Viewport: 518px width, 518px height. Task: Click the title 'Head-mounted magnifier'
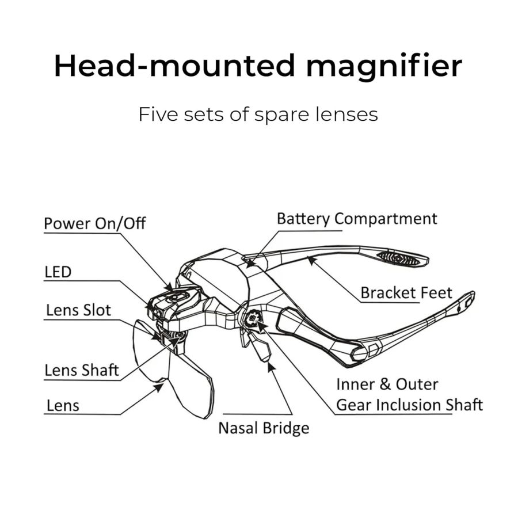click(x=258, y=66)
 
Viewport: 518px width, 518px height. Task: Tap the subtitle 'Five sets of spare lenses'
click(x=258, y=115)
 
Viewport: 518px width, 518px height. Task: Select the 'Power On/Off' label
click(x=94, y=223)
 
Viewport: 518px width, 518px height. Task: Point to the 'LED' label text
click(x=58, y=272)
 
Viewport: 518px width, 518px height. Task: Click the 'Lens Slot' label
click(x=78, y=310)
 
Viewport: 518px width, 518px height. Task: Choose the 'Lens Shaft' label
click(x=82, y=370)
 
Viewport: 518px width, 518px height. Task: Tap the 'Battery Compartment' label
click(x=357, y=219)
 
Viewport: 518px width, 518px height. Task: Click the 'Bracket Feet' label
click(x=406, y=293)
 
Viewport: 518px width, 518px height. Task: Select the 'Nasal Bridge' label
click(x=264, y=428)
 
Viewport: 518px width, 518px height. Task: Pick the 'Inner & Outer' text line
click(x=387, y=384)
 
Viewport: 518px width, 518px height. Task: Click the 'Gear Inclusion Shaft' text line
click(x=409, y=405)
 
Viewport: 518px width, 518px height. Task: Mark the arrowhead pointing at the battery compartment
click(x=250, y=264)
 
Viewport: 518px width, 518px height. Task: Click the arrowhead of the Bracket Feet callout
click(x=311, y=260)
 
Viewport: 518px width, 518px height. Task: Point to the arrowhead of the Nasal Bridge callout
click(x=271, y=366)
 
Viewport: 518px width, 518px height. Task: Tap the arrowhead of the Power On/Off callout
click(x=169, y=287)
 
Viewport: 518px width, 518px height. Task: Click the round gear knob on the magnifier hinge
click(x=253, y=318)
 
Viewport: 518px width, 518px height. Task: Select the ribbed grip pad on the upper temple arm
click(x=398, y=258)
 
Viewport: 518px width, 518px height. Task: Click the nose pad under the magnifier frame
click(x=260, y=347)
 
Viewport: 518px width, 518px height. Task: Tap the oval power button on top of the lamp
click(x=177, y=298)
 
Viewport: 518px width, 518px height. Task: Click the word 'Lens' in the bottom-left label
click(x=63, y=405)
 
